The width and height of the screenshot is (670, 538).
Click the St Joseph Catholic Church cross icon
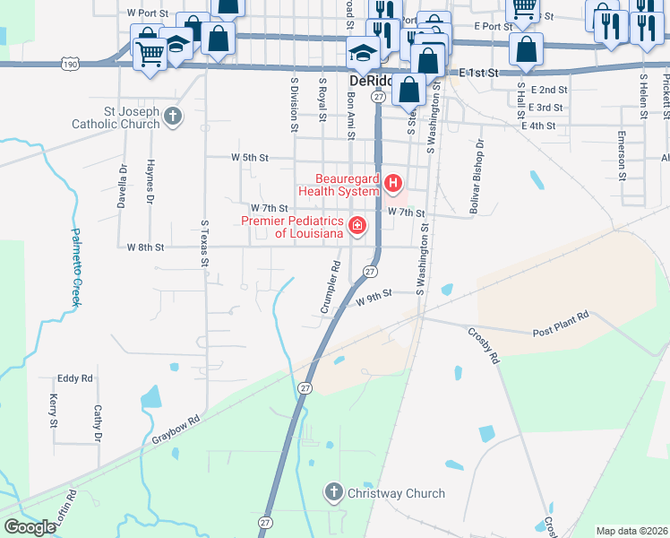pyautogui.click(x=172, y=116)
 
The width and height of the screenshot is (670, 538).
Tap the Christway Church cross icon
pyautogui.click(x=333, y=491)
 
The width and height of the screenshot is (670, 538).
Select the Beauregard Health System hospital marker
pyautogui.click(x=392, y=185)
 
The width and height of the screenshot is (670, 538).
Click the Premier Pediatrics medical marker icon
pyautogui.click(x=357, y=225)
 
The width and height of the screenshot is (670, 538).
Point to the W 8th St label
pyautogui.click(x=146, y=247)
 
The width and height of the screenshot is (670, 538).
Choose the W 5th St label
pyautogui.click(x=250, y=157)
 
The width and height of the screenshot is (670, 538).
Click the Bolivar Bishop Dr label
pyautogui.click(x=476, y=177)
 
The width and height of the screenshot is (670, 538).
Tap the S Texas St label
pyautogui.click(x=205, y=242)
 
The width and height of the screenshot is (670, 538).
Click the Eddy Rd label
pyautogui.click(x=75, y=379)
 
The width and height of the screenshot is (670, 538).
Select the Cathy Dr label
pyautogui.click(x=98, y=423)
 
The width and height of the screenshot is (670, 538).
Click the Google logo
pyautogui.click(x=30, y=527)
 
